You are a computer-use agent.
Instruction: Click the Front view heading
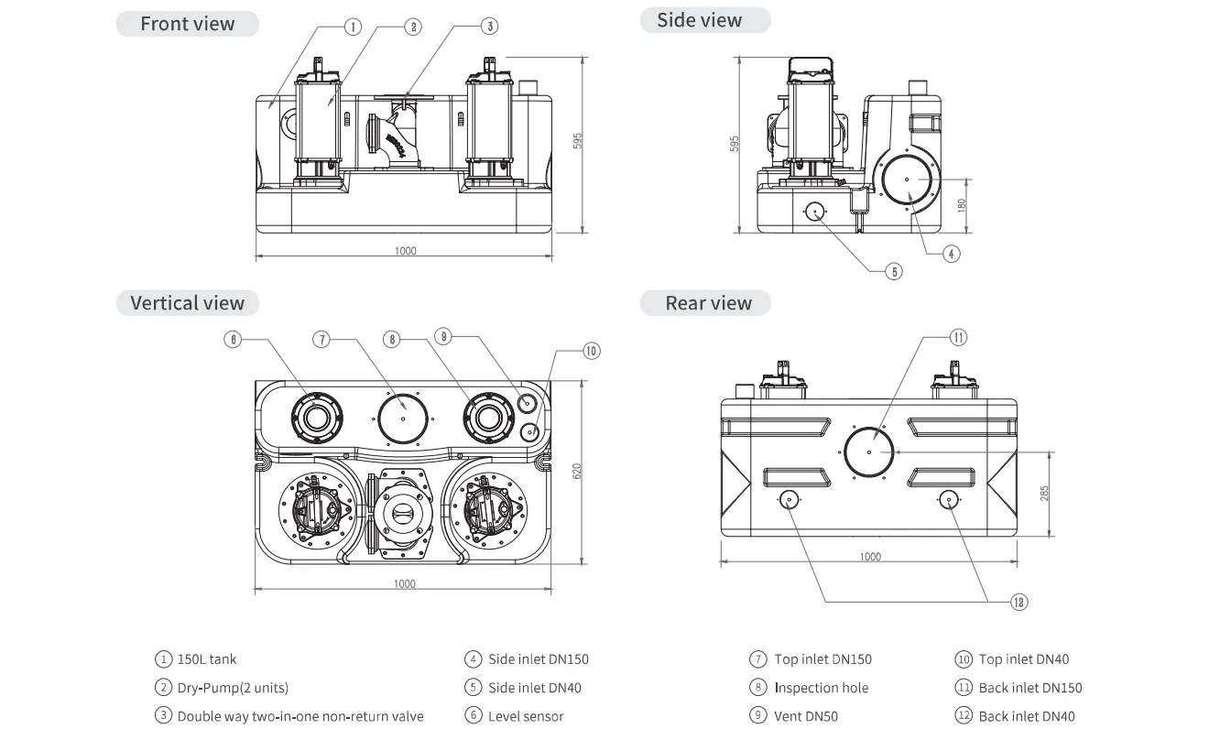click(x=187, y=24)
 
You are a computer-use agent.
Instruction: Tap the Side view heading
click(x=700, y=20)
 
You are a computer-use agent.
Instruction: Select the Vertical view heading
click(x=187, y=303)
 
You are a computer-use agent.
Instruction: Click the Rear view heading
click(x=708, y=303)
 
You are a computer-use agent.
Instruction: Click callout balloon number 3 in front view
click(x=491, y=27)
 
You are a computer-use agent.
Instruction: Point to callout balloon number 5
click(x=894, y=271)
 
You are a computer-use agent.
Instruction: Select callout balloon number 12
click(x=1018, y=602)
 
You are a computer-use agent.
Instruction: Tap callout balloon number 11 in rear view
click(x=958, y=337)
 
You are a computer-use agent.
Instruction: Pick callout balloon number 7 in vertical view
click(x=321, y=339)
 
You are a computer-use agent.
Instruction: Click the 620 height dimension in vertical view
click(x=577, y=471)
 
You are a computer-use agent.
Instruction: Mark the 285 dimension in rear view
click(x=1044, y=494)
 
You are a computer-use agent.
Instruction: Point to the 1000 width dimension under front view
click(x=405, y=251)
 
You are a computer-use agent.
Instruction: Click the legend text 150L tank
click(x=207, y=659)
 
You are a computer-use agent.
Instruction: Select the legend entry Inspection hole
click(x=821, y=688)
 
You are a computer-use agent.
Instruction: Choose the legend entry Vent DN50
click(x=806, y=716)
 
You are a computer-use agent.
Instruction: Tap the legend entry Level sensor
click(x=526, y=716)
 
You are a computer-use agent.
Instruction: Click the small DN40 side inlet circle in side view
click(x=815, y=211)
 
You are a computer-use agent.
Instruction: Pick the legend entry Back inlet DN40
click(x=1027, y=716)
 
